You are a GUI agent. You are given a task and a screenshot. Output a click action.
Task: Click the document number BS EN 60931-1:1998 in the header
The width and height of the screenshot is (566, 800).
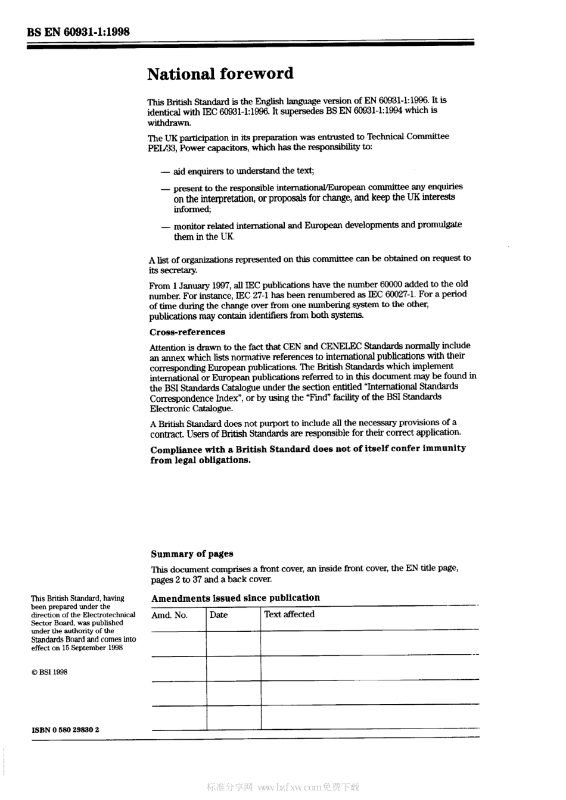pyautogui.click(x=78, y=32)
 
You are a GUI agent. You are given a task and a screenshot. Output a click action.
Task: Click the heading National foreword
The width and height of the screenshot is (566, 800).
pyautogui.click(x=220, y=74)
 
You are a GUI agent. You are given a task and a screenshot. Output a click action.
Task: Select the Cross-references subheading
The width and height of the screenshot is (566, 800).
pyautogui.click(x=187, y=332)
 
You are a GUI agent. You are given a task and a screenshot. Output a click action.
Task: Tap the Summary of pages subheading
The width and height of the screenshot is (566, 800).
pyautogui.click(x=192, y=554)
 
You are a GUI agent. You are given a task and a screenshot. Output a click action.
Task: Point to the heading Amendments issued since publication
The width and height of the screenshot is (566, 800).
pyautogui.click(x=235, y=598)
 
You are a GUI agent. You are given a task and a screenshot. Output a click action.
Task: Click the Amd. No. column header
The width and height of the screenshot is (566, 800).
pyautogui.click(x=169, y=615)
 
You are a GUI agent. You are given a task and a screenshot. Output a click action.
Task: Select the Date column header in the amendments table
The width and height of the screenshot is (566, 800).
pyautogui.click(x=219, y=615)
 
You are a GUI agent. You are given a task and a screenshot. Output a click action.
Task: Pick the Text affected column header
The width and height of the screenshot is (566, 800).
pyautogui.click(x=289, y=614)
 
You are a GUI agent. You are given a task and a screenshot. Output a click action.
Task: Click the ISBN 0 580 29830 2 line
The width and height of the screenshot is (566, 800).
pyautogui.click(x=66, y=729)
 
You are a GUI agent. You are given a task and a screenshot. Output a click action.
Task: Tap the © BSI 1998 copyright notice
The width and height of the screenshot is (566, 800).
pyautogui.click(x=49, y=672)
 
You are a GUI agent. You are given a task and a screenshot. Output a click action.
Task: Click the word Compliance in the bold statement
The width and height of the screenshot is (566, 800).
pyautogui.click(x=176, y=449)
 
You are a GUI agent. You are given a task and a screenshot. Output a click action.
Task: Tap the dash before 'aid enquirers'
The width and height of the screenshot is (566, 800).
pyautogui.click(x=165, y=172)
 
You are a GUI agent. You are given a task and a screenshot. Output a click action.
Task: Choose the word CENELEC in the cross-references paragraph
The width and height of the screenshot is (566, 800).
pyautogui.click(x=341, y=346)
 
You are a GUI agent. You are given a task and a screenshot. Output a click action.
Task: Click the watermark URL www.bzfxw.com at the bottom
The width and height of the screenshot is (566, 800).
pyautogui.click(x=290, y=787)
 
